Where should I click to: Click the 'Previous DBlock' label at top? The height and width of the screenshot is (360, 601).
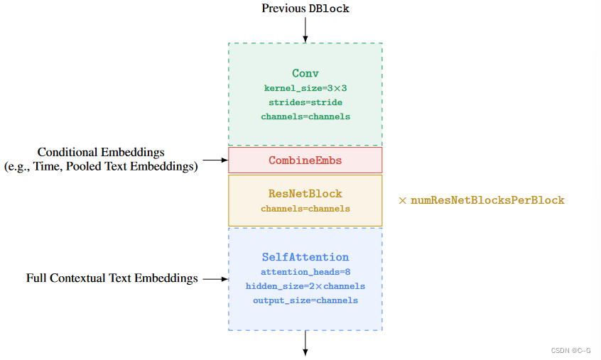click(x=305, y=9)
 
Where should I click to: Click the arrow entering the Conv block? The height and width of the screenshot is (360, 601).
click(x=305, y=30)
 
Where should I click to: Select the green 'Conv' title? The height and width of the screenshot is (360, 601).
click(x=305, y=73)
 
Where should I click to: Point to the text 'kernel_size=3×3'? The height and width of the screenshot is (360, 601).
click(x=305, y=88)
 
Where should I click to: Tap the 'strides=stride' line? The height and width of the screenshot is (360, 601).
click(x=305, y=102)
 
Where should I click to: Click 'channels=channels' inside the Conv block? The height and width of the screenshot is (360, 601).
click(x=305, y=116)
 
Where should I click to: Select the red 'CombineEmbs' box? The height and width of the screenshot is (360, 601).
click(x=305, y=160)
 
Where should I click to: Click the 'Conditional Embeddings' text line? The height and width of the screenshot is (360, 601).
click(x=101, y=152)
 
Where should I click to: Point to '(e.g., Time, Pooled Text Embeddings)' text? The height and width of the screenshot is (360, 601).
click(x=101, y=166)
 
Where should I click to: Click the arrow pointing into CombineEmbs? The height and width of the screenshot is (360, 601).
click(x=213, y=160)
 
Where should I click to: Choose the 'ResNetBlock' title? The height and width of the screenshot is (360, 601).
click(x=305, y=193)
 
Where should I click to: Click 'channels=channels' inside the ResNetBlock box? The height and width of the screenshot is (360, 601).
click(x=305, y=209)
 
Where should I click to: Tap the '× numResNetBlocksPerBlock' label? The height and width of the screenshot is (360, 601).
click(x=482, y=200)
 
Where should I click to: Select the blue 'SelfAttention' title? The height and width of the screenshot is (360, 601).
click(x=305, y=257)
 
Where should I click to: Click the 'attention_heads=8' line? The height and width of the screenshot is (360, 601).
click(x=305, y=272)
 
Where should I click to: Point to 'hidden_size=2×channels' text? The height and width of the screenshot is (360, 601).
click(x=305, y=286)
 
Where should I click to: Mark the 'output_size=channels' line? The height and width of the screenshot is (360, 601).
click(x=305, y=300)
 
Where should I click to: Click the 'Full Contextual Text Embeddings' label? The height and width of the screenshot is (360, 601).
click(x=112, y=278)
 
